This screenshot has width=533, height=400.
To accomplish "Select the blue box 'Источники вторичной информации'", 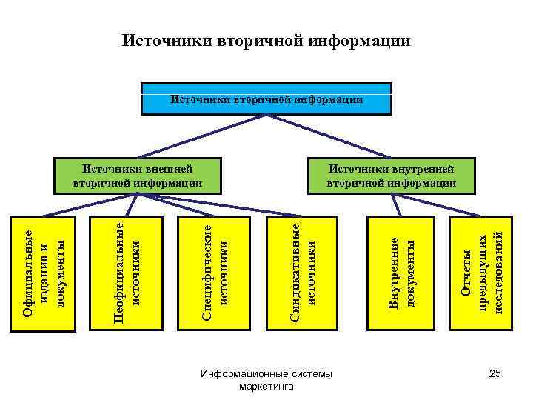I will click(266, 98).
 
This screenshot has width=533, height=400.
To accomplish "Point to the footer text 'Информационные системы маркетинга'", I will click(266, 380).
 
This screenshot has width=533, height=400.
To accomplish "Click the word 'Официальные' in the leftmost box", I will click(29, 272).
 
